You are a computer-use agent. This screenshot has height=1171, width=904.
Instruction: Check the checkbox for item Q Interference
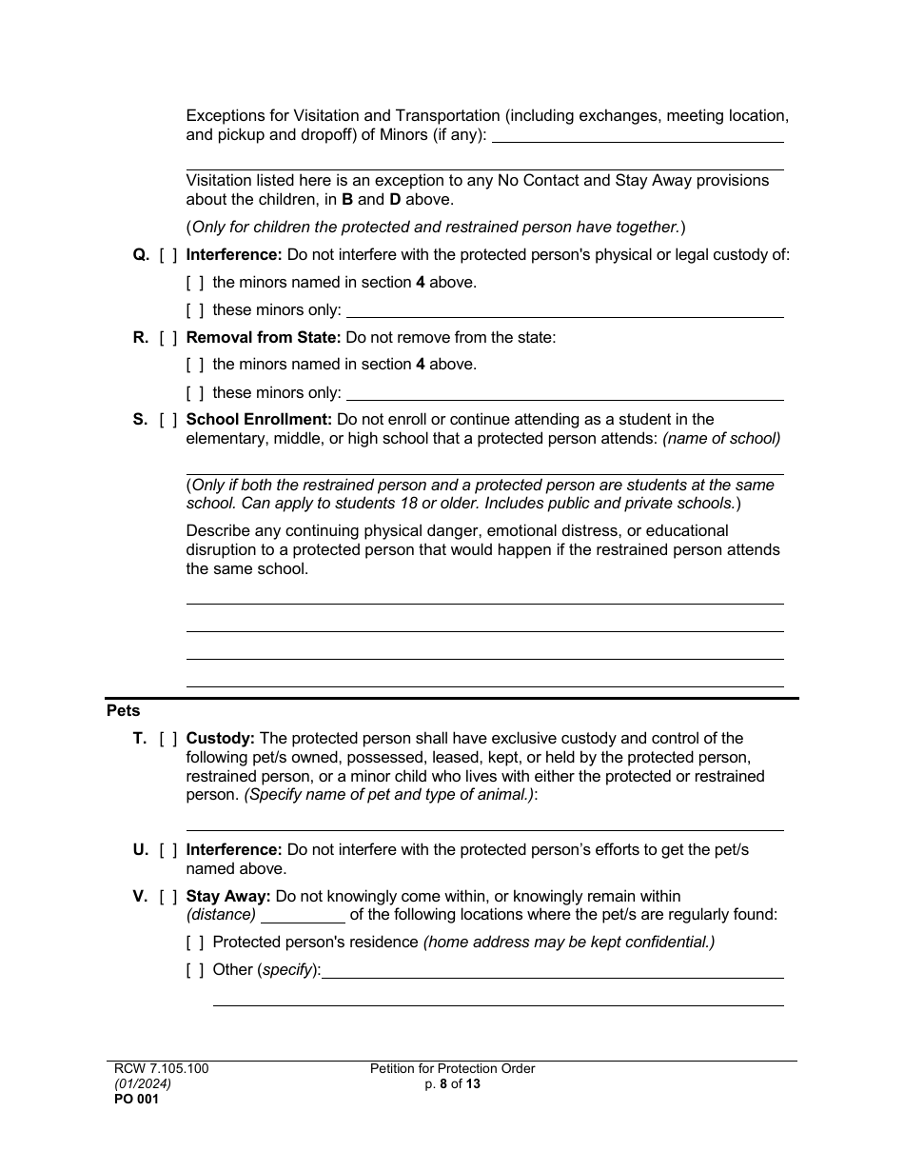(168, 254)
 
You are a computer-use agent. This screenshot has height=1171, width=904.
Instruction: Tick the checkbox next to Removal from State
(168, 337)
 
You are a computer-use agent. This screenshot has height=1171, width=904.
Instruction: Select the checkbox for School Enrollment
(168, 419)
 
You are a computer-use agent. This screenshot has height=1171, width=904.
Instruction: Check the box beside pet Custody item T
(168, 738)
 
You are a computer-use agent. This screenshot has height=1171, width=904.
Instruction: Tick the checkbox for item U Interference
(168, 849)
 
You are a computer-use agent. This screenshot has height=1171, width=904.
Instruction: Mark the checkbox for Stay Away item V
(168, 896)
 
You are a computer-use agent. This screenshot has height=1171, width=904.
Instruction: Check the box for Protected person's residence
(195, 943)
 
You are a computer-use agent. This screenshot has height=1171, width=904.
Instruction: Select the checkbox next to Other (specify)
(195, 970)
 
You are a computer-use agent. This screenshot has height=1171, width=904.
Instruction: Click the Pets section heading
(123, 711)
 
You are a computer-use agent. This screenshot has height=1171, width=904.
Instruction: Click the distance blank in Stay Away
(303, 916)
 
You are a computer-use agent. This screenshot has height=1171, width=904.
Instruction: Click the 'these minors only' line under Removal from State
(565, 393)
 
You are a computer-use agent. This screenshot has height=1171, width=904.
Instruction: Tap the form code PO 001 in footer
(132, 1099)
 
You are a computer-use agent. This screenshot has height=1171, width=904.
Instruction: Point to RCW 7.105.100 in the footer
(157, 1069)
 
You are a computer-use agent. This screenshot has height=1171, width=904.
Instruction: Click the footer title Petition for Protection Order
(452, 1069)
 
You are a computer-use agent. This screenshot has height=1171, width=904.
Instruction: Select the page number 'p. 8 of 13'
(452, 1083)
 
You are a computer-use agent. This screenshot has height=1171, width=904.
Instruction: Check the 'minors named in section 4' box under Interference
(195, 283)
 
